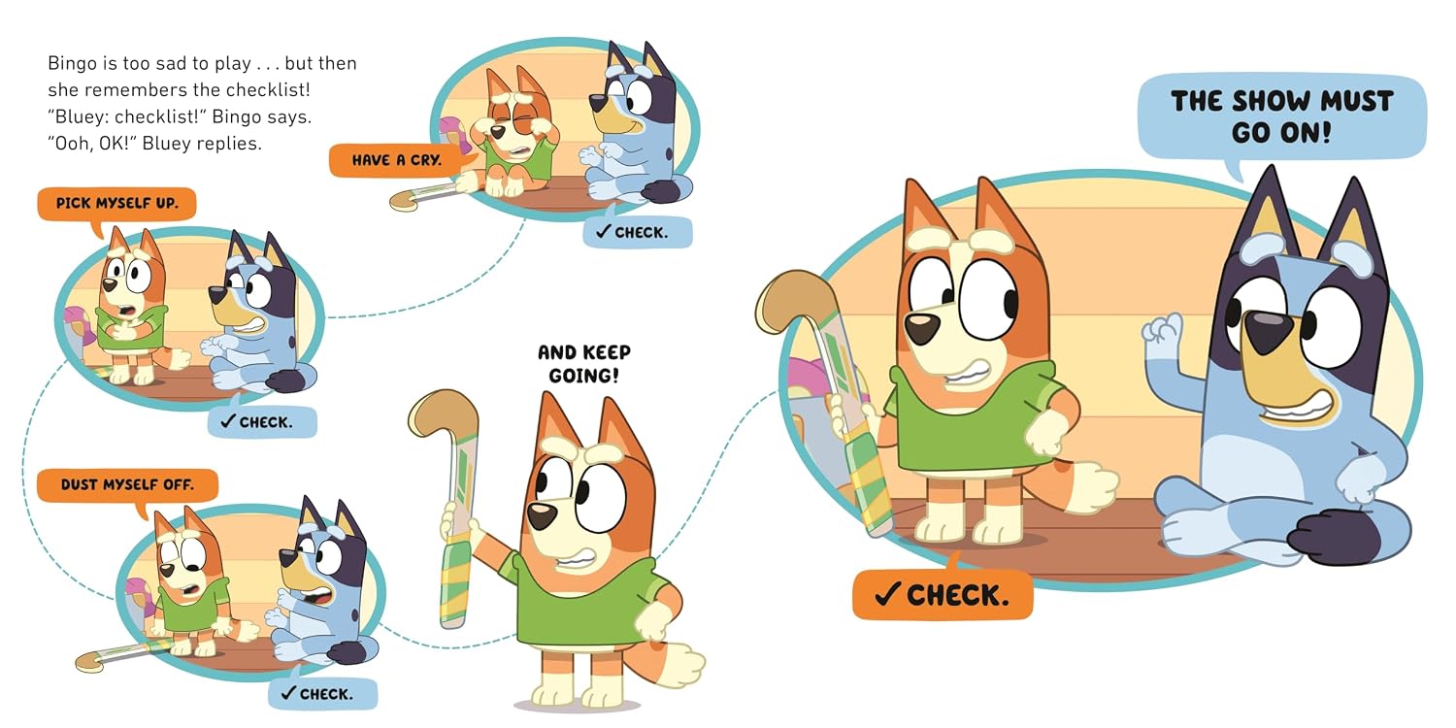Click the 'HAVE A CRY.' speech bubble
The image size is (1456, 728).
pos(398,160)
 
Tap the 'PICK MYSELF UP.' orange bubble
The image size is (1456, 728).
pos(117,204)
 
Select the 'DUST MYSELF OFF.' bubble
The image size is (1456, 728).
pos(127,485)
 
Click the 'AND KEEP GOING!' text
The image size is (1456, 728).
pos(583,364)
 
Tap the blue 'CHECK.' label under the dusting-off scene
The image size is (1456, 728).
pos(322,694)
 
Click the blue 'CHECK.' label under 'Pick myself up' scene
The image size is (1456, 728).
pos(262,422)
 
